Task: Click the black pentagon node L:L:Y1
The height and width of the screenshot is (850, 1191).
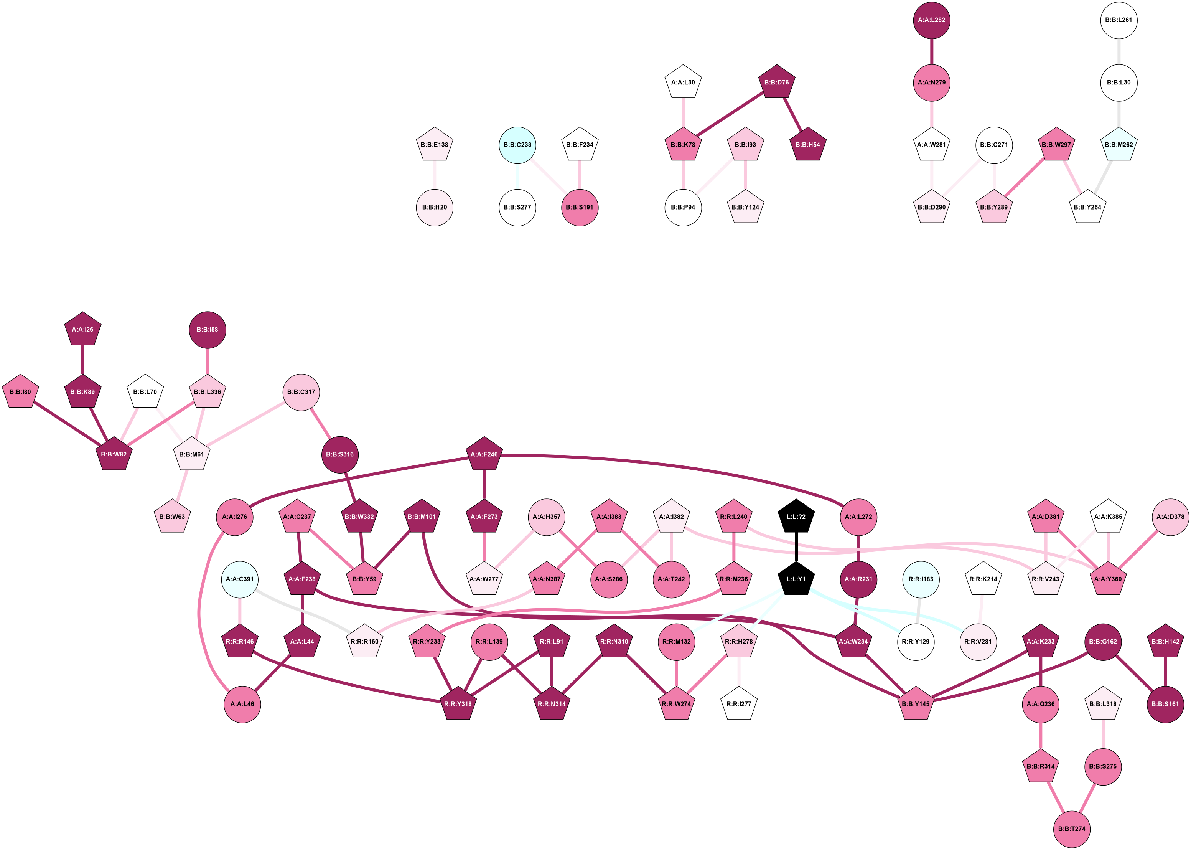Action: [x=796, y=579]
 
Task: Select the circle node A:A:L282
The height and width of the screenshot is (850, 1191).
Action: [x=932, y=20]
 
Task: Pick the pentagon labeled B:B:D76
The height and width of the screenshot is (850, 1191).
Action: [x=776, y=82]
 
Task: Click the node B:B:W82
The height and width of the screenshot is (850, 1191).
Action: [x=114, y=454]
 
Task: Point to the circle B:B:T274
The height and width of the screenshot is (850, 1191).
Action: [x=1072, y=829]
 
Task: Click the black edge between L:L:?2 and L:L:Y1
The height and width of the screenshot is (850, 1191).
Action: [x=796, y=548]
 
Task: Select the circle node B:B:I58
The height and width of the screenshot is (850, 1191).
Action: [x=207, y=329]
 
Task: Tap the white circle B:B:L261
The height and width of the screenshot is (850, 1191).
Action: [x=1119, y=20]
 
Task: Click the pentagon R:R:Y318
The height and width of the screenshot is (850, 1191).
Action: [x=458, y=704]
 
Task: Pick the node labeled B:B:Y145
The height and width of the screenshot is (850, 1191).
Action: [x=915, y=704]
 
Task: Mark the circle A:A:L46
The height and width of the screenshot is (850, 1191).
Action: [x=242, y=704]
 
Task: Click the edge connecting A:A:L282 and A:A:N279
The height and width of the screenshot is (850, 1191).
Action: [x=932, y=51]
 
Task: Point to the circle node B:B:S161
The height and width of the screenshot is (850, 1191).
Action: [x=1165, y=704]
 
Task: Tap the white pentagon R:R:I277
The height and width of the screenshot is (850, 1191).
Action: [x=738, y=704]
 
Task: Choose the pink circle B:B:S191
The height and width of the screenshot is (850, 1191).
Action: [x=580, y=207]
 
